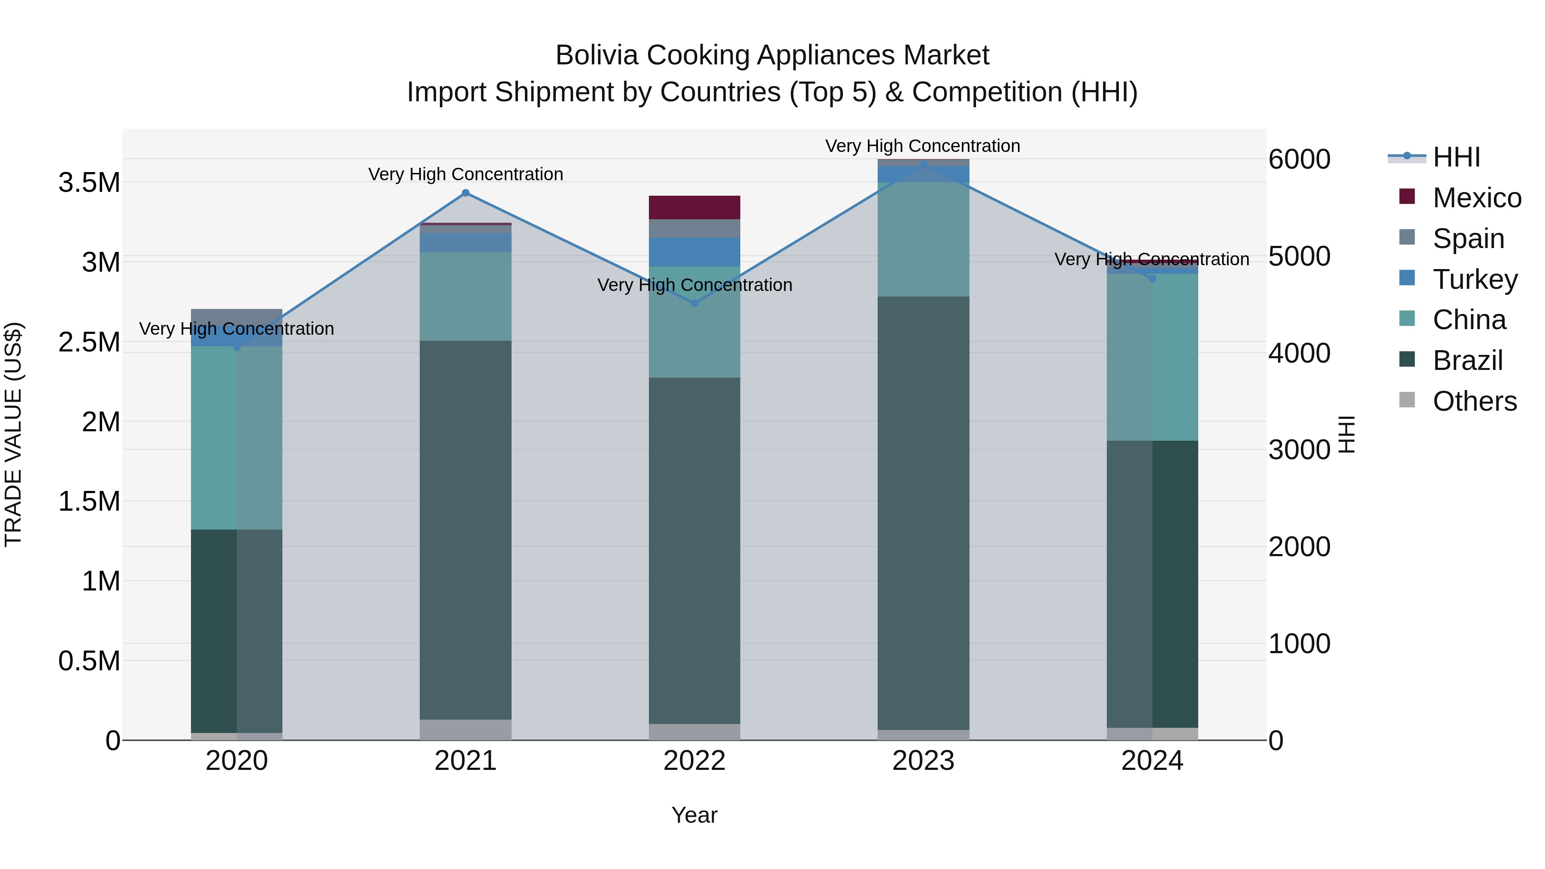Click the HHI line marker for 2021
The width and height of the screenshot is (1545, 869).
coord(465,193)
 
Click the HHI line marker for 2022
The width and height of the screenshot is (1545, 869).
coord(694,303)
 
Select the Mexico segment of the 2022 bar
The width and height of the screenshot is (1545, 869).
coord(694,208)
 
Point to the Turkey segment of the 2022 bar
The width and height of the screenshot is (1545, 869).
coord(694,252)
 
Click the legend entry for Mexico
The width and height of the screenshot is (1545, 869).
coord(1476,198)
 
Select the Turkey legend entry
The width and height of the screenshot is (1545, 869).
coord(1474,279)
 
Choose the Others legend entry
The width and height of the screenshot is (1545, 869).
coord(1474,401)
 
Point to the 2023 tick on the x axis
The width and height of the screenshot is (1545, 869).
coord(923,761)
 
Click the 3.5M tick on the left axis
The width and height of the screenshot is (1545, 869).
coord(89,182)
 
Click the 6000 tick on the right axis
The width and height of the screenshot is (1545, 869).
coord(1299,160)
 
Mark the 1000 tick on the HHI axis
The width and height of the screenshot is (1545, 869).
coord(1299,644)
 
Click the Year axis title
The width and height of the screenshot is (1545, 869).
coord(694,815)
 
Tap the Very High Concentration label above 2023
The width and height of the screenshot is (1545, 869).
coord(922,146)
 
